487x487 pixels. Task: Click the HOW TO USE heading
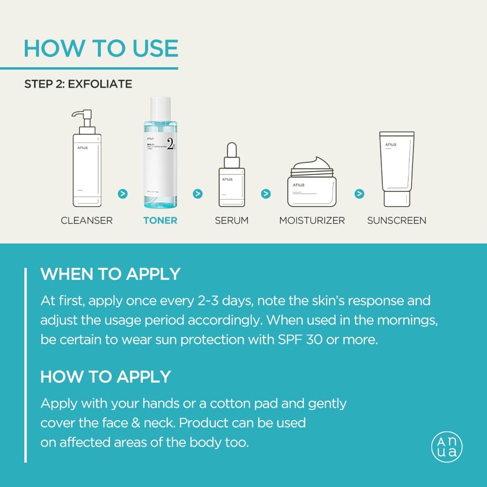click(101, 48)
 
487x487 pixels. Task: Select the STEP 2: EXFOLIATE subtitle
click(78, 84)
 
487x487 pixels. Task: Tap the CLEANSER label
click(87, 220)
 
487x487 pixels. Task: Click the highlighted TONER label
click(160, 220)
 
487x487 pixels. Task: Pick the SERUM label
click(232, 220)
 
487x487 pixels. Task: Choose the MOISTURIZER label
click(312, 220)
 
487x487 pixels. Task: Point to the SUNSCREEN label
click(396, 220)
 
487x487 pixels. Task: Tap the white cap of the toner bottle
click(160, 109)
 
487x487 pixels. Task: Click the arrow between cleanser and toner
click(122, 194)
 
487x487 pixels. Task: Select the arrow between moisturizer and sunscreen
click(359, 194)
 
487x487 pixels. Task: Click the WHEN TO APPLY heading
click(110, 274)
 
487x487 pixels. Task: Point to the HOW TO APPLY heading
click(106, 377)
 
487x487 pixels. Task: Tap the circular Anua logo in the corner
click(447, 447)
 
